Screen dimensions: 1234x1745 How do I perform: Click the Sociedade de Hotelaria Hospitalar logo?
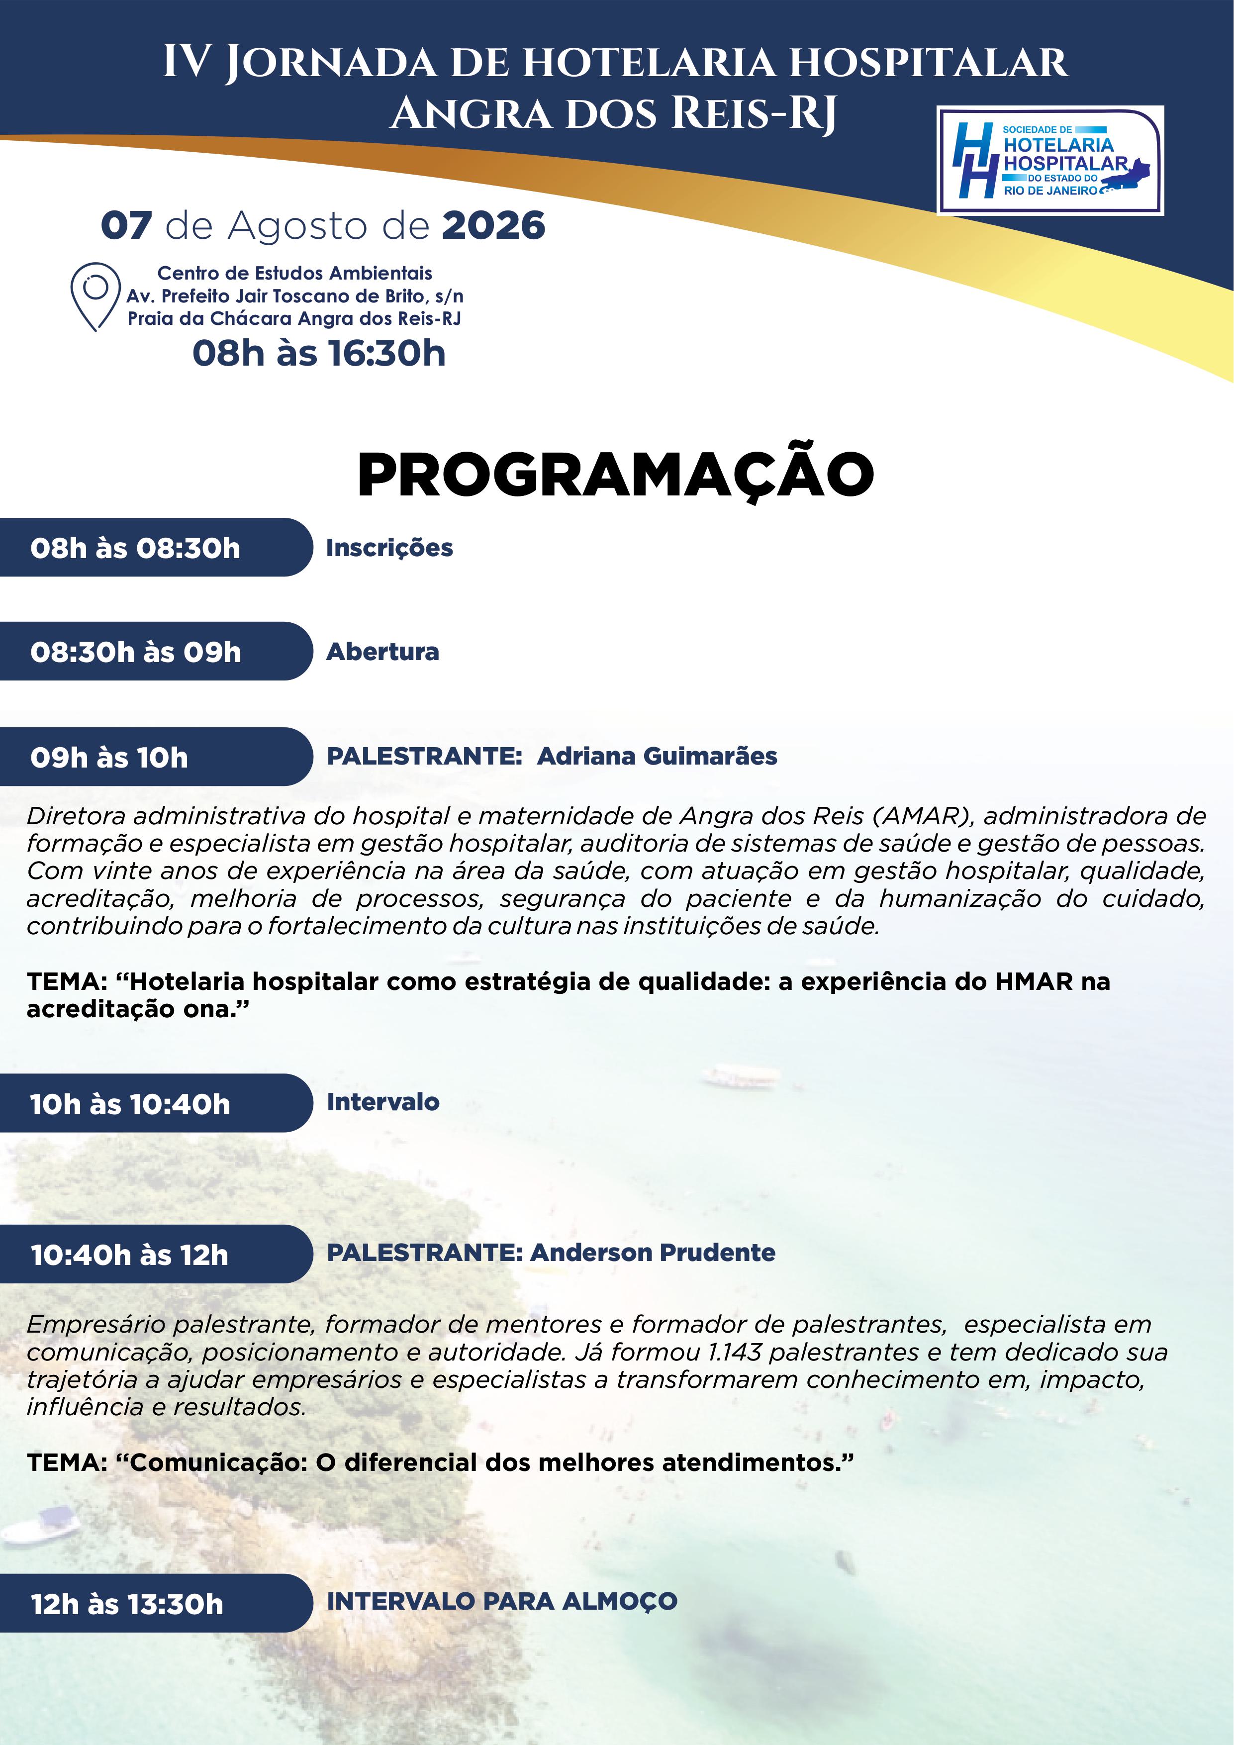(x=1050, y=160)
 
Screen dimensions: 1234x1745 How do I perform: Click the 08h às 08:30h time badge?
(x=156, y=547)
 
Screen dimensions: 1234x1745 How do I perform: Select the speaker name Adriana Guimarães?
(x=657, y=756)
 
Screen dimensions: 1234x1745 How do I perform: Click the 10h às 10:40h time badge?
(x=156, y=1103)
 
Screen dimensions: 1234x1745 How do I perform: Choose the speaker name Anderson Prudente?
(x=653, y=1253)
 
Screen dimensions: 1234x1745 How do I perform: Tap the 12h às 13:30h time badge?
(x=156, y=1603)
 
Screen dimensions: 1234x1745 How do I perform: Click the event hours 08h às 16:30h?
(x=319, y=353)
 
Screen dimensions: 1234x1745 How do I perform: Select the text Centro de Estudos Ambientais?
(x=295, y=273)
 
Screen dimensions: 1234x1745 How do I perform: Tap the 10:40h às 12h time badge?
(x=156, y=1254)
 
